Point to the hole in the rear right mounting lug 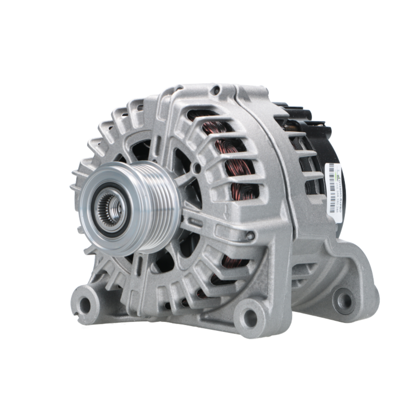pyautogui.click(x=344, y=299)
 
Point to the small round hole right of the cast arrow pyautogui.click(x=250, y=236)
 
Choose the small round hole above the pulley pyautogui.click(x=196, y=168)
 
